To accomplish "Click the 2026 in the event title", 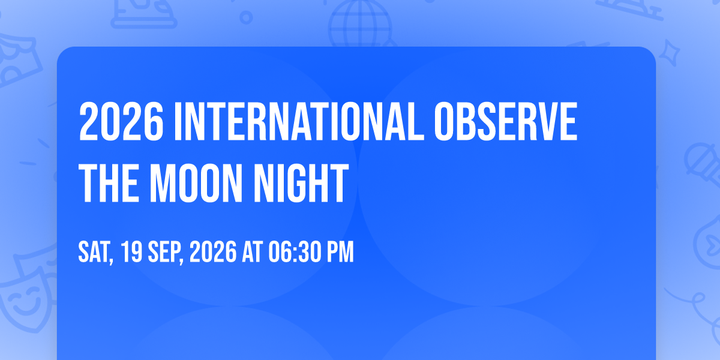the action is click(x=121, y=121).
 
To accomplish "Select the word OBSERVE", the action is click(x=506, y=121).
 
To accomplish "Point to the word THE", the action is click(x=109, y=183).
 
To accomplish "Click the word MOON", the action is click(x=196, y=183).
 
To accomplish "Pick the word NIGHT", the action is click(x=301, y=183).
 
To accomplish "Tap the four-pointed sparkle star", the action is click(x=669, y=53).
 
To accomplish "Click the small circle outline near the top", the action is click(x=246, y=17).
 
